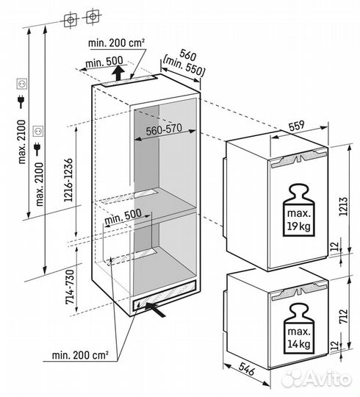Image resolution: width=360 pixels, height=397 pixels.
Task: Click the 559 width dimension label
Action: [297, 126]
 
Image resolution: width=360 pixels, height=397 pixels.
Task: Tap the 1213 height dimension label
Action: [343, 207]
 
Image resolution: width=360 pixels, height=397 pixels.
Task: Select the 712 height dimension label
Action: [343, 316]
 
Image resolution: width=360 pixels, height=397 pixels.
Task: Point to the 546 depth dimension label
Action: [246, 369]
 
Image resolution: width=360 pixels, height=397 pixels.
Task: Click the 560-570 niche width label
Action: [164, 129]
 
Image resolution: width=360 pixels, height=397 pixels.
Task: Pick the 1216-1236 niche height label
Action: [68, 180]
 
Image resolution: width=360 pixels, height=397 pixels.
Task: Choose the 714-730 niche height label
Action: [70, 287]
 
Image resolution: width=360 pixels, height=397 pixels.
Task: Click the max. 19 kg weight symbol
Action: [299, 211]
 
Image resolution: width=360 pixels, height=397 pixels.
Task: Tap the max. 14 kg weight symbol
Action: [299, 329]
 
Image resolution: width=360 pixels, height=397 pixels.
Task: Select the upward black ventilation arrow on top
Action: [118, 72]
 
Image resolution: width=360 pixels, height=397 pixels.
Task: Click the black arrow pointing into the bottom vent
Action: [155, 309]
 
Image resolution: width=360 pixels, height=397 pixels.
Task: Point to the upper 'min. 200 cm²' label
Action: [116, 43]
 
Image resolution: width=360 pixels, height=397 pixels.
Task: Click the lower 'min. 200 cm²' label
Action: [80, 355]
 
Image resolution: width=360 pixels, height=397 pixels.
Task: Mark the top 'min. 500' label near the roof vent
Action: [104, 62]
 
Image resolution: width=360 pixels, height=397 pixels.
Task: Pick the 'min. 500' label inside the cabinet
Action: [123, 216]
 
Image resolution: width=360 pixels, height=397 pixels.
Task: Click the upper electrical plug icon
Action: [21, 101]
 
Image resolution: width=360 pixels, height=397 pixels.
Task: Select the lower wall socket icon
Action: [39, 131]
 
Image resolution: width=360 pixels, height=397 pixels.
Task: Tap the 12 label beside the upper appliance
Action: [335, 246]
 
